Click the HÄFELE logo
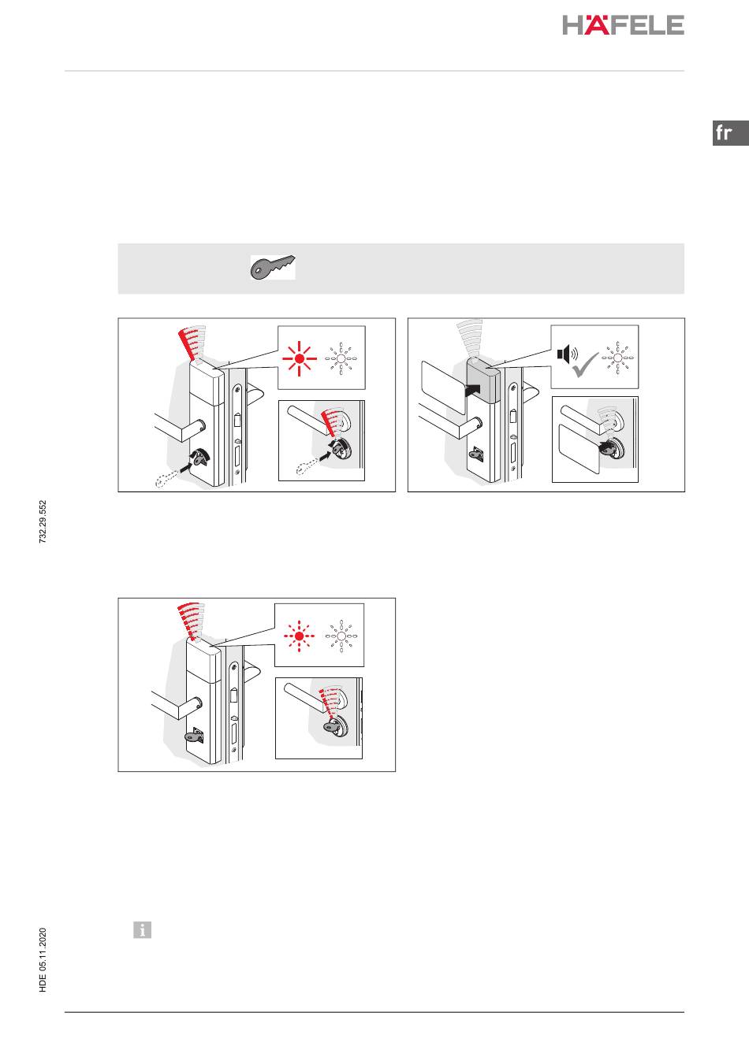pyautogui.click(x=623, y=25)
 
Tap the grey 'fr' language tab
pyautogui.click(x=730, y=133)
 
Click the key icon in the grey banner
pyautogui.click(x=273, y=267)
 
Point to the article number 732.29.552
pyautogui.click(x=43, y=522)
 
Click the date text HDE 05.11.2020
pyautogui.click(x=43, y=960)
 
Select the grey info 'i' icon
pyautogui.click(x=142, y=929)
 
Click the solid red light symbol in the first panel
pyautogui.click(x=300, y=359)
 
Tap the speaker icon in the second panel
pyautogui.click(x=567, y=354)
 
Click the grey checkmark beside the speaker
pyautogui.click(x=585, y=365)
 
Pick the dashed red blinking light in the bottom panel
pyautogui.click(x=299, y=636)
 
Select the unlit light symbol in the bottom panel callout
pyautogui.click(x=341, y=636)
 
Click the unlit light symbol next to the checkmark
pyautogui.click(x=617, y=358)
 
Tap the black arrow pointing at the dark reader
pyautogui.click(x=473, y=390)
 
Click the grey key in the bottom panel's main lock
pyautogui.click(x=193, y=737)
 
